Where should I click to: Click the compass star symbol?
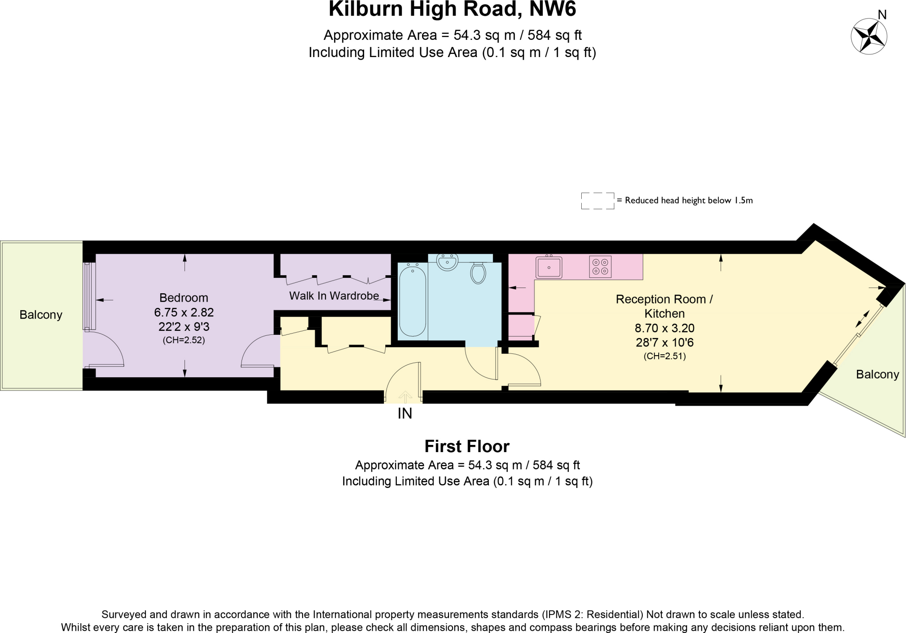869,36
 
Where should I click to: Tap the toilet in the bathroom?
478,273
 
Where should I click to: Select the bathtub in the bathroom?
412,301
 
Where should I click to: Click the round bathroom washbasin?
447,262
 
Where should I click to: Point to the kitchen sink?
549,268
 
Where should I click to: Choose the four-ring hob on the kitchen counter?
600,267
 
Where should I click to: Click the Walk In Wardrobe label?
334,295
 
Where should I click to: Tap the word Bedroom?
184,298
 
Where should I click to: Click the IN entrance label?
405,414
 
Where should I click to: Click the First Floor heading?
467,446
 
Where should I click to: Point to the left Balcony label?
41,315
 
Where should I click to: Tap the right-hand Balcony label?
877,375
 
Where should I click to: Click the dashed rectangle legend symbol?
597,201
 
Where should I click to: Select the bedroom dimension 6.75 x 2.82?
184,312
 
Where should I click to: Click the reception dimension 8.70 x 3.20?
664,328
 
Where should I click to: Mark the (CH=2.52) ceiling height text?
184,340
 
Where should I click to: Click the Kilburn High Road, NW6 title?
452,10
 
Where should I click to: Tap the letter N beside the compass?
882,15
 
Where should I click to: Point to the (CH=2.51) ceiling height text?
664,356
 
